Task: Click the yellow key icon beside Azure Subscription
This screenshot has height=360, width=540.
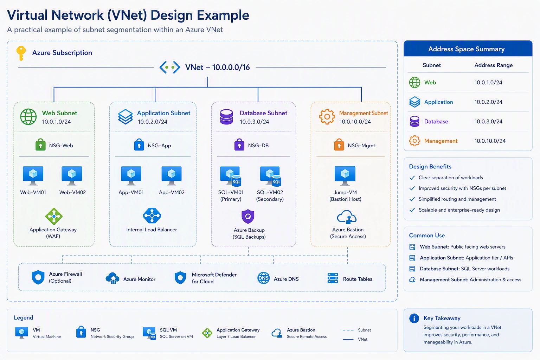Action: coord(21,53)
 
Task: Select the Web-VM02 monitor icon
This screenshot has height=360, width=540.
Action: coord(72,175)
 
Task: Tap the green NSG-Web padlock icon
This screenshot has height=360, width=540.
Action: coord(40,144)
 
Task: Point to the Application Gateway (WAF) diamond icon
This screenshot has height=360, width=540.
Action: coord(54,216)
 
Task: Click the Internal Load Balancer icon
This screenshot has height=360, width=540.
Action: coord(152,216)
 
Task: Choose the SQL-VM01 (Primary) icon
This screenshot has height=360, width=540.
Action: coord(231,176)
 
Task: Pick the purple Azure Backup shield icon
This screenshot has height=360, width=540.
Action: coord(248,216)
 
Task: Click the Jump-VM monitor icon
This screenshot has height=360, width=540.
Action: coord(345,175)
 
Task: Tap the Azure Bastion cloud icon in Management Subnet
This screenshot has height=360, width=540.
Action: coord(347,217)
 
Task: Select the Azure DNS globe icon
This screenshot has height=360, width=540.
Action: coord(263,278)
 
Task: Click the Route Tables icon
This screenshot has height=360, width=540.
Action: coord(333,278)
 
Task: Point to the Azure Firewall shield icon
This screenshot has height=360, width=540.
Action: coord(38,277)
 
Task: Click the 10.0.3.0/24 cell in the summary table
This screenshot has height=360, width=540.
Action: coord(488,121)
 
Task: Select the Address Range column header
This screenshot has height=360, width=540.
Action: coord(494,65)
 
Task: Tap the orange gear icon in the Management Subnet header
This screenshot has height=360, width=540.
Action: coord(327,117)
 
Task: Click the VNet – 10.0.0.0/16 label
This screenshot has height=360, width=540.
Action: coord(217,67)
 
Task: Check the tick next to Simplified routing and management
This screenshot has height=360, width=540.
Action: coord(412,199)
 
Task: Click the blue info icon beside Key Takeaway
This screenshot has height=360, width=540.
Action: coord(414,318)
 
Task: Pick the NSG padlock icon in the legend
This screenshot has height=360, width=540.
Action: coord(81,332)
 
